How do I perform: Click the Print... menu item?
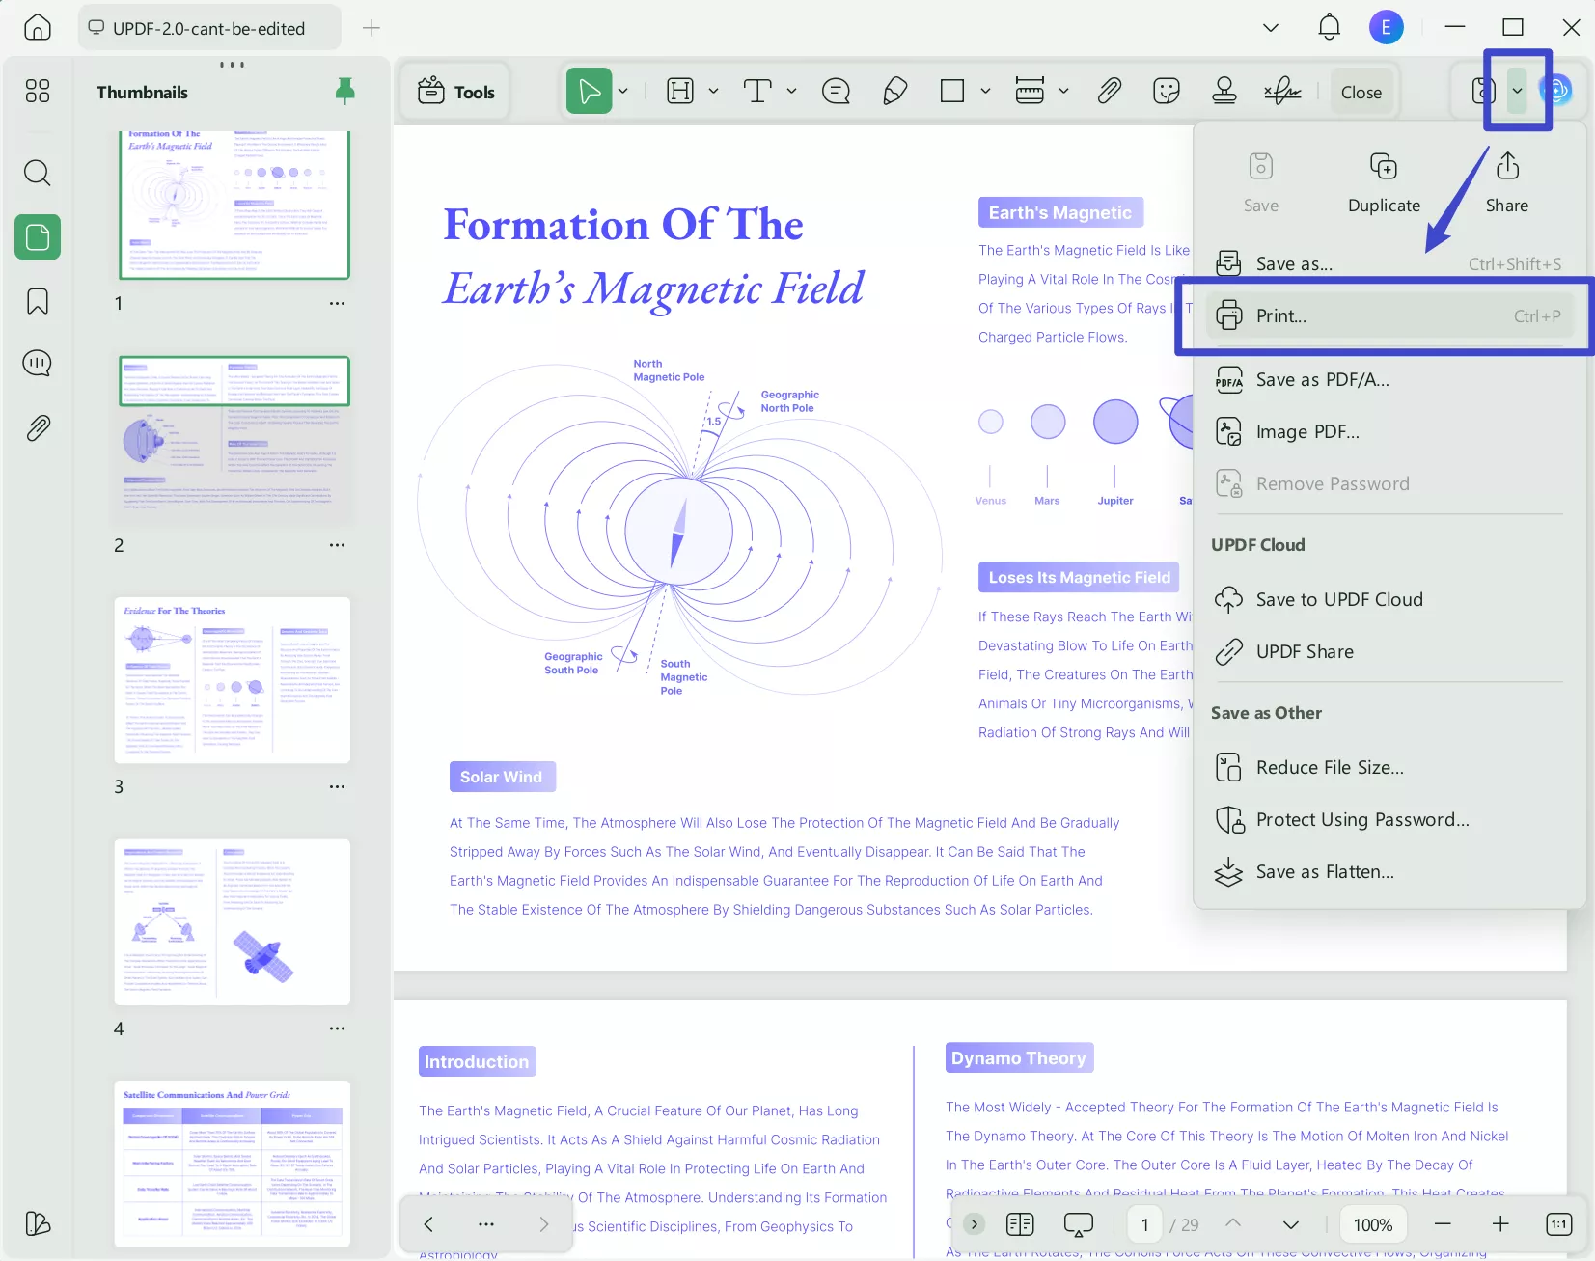point(1281,316)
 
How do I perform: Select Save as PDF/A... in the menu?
point(1322,380)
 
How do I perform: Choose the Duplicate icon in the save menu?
point(1384,181)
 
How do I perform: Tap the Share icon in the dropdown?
point(1506,181)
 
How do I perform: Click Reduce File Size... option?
point(1330,768)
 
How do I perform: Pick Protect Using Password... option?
point(1361,820)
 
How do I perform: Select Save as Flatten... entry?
point(1324,872)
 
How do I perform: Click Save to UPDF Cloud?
point(1338,600)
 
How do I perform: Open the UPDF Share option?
point(1304,652)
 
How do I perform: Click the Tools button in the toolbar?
point(456,92)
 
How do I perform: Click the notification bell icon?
point(1329,27)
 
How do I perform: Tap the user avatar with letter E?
point(1386,27)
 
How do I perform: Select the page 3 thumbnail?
point(233,680)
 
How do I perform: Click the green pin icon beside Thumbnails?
point(344,91)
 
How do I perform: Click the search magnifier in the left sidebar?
point(38,173)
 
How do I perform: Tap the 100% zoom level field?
point(1372,1224)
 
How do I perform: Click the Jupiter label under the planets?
point(1115,501)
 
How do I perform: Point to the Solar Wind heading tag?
point(502,777)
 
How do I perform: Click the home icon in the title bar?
point(38,27)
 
